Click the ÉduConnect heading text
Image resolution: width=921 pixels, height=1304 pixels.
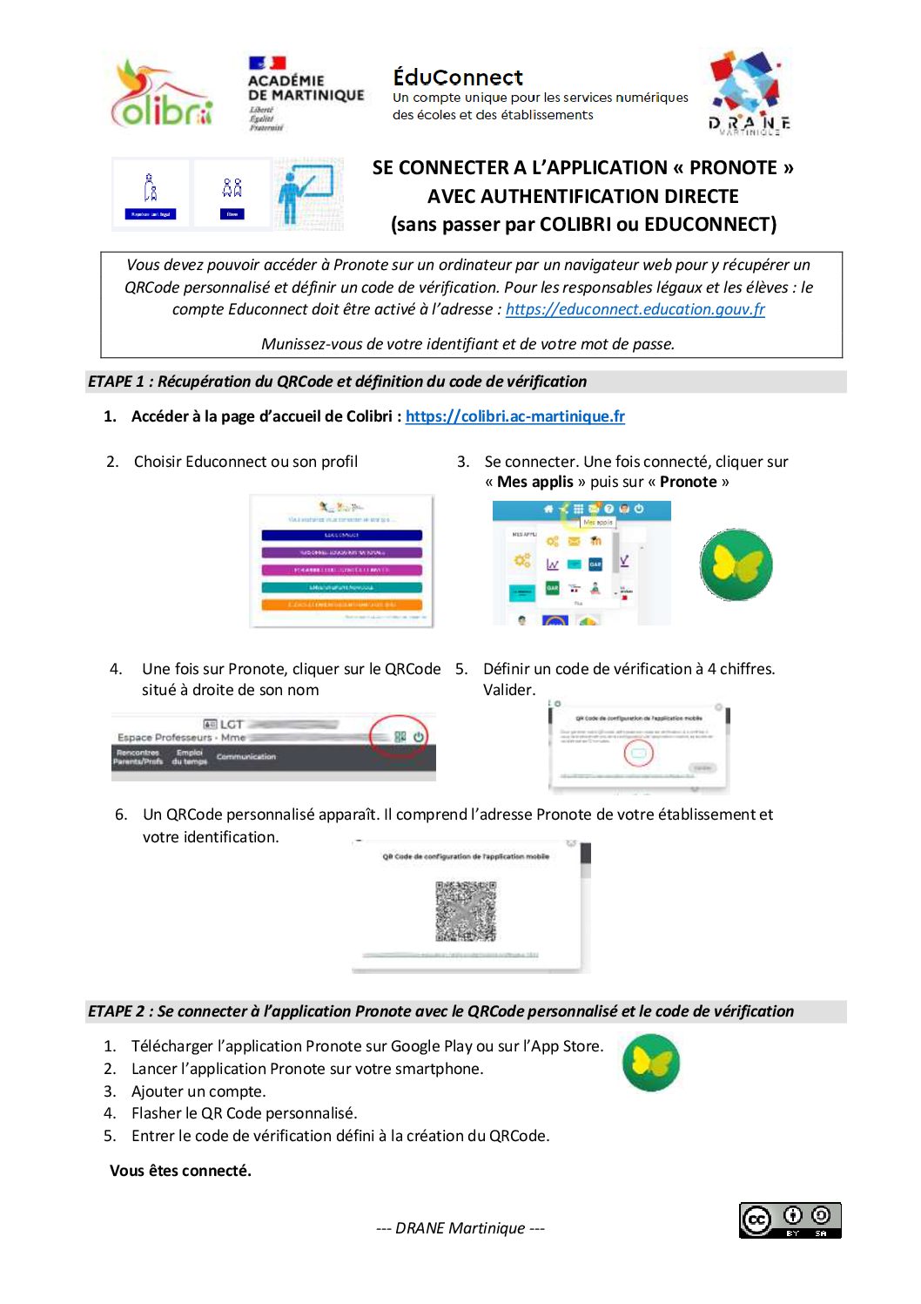click(458, 78)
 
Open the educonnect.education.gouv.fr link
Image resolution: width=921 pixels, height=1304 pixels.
click(635, 309)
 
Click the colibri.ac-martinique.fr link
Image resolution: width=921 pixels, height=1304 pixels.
click(514, 416)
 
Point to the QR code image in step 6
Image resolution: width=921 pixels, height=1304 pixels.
click(466, 911)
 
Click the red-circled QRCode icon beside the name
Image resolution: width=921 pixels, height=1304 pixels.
click(400, 737)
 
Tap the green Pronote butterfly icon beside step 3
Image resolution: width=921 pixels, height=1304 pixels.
click(736, 565)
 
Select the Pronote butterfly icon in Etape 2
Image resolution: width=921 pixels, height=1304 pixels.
click(651, 1063)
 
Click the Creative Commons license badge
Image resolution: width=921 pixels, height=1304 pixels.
click(790, 1220)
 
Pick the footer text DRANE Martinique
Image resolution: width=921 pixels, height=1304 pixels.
click(460, 1228)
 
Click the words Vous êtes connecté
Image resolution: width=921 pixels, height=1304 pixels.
click(180, 1171)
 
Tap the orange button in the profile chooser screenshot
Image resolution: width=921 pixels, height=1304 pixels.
click(342, 605)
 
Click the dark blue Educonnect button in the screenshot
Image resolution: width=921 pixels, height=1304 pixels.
click(342, 535)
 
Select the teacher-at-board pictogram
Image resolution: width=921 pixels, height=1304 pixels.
click(307, 194)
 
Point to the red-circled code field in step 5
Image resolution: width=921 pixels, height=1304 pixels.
click(638, 753)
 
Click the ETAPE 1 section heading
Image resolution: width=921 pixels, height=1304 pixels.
click(337, 382)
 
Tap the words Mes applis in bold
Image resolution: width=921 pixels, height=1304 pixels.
click(535, 483)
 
